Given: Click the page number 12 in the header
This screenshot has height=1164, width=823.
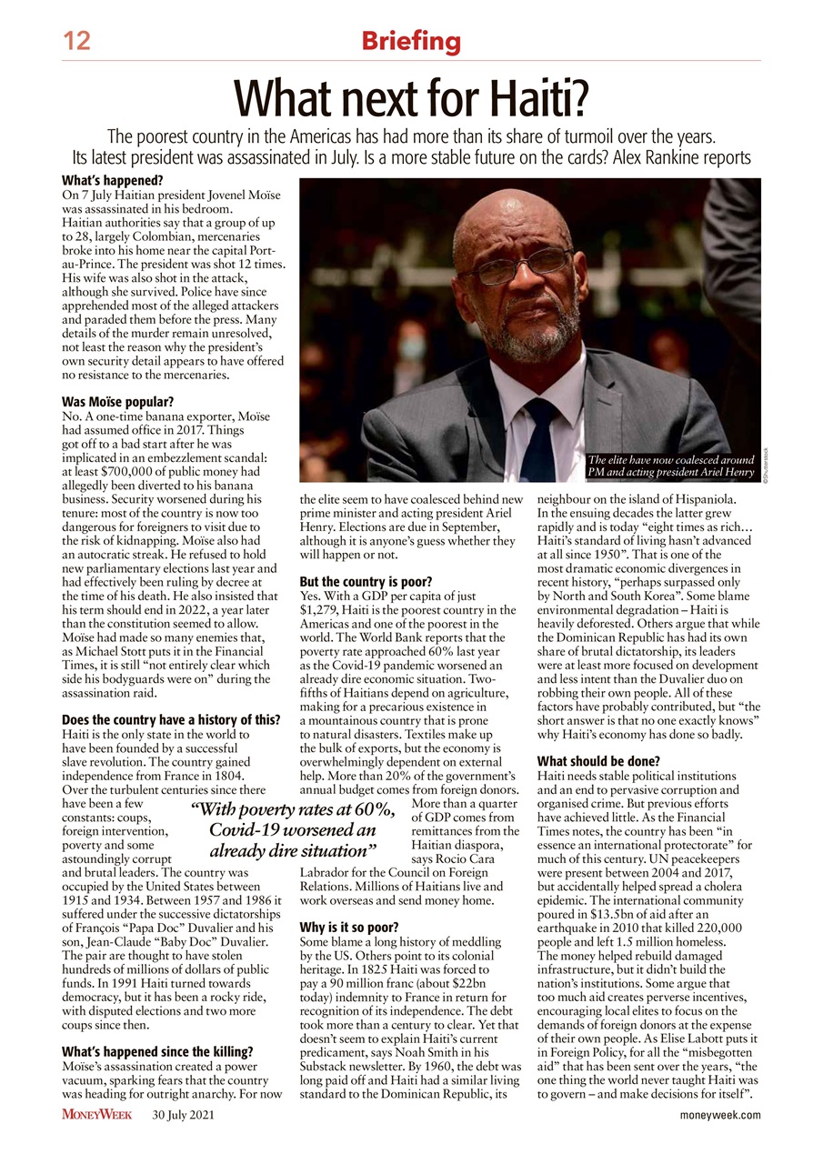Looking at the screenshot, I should pyautogui.click(x=76, y=40).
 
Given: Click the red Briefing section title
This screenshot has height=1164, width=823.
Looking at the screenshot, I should pyautogui.click(x=411, y=41).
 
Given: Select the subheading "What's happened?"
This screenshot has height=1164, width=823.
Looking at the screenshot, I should pyautogui.click(x=112, y=180).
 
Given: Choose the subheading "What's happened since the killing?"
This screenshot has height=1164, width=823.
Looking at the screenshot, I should pyautogui.click(x=156, y=1052).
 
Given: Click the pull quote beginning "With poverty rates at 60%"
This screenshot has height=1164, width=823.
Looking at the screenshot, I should pyautogui.click(x=293, y=831).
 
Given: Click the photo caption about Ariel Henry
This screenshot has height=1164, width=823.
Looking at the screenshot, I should pyautogui.click(x=671, y=466).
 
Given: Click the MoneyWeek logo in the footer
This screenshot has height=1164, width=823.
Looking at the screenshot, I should pyautogui.click(x=97, y=1115).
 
